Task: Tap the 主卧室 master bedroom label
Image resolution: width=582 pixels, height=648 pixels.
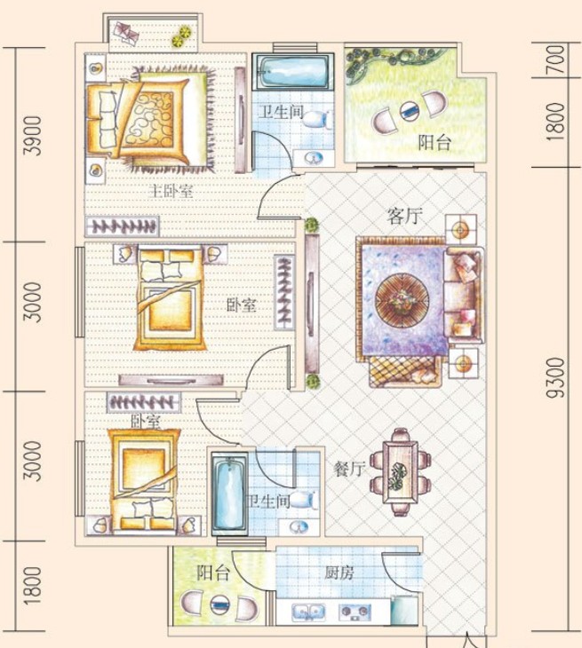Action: [171, 192]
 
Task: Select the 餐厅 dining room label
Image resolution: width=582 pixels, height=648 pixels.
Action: [348, 469]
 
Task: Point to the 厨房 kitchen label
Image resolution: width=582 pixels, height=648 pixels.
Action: [339, 573]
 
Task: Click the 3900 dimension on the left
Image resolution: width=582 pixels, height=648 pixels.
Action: [33, 136]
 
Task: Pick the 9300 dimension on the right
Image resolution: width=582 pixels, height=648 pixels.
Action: [555, 378]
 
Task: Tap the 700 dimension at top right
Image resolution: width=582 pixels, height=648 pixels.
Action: [557, 59]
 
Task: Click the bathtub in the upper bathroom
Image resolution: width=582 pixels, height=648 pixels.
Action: [293, 72]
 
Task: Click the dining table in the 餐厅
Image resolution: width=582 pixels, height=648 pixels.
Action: [400, 472]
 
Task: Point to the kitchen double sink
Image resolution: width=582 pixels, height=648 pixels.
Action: [308, 612]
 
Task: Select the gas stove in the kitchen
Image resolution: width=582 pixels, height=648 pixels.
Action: [355, 612]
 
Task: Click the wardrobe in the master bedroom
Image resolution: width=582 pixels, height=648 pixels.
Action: [122, 226]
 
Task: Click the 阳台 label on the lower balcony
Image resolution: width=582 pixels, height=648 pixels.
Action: [212, 573]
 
